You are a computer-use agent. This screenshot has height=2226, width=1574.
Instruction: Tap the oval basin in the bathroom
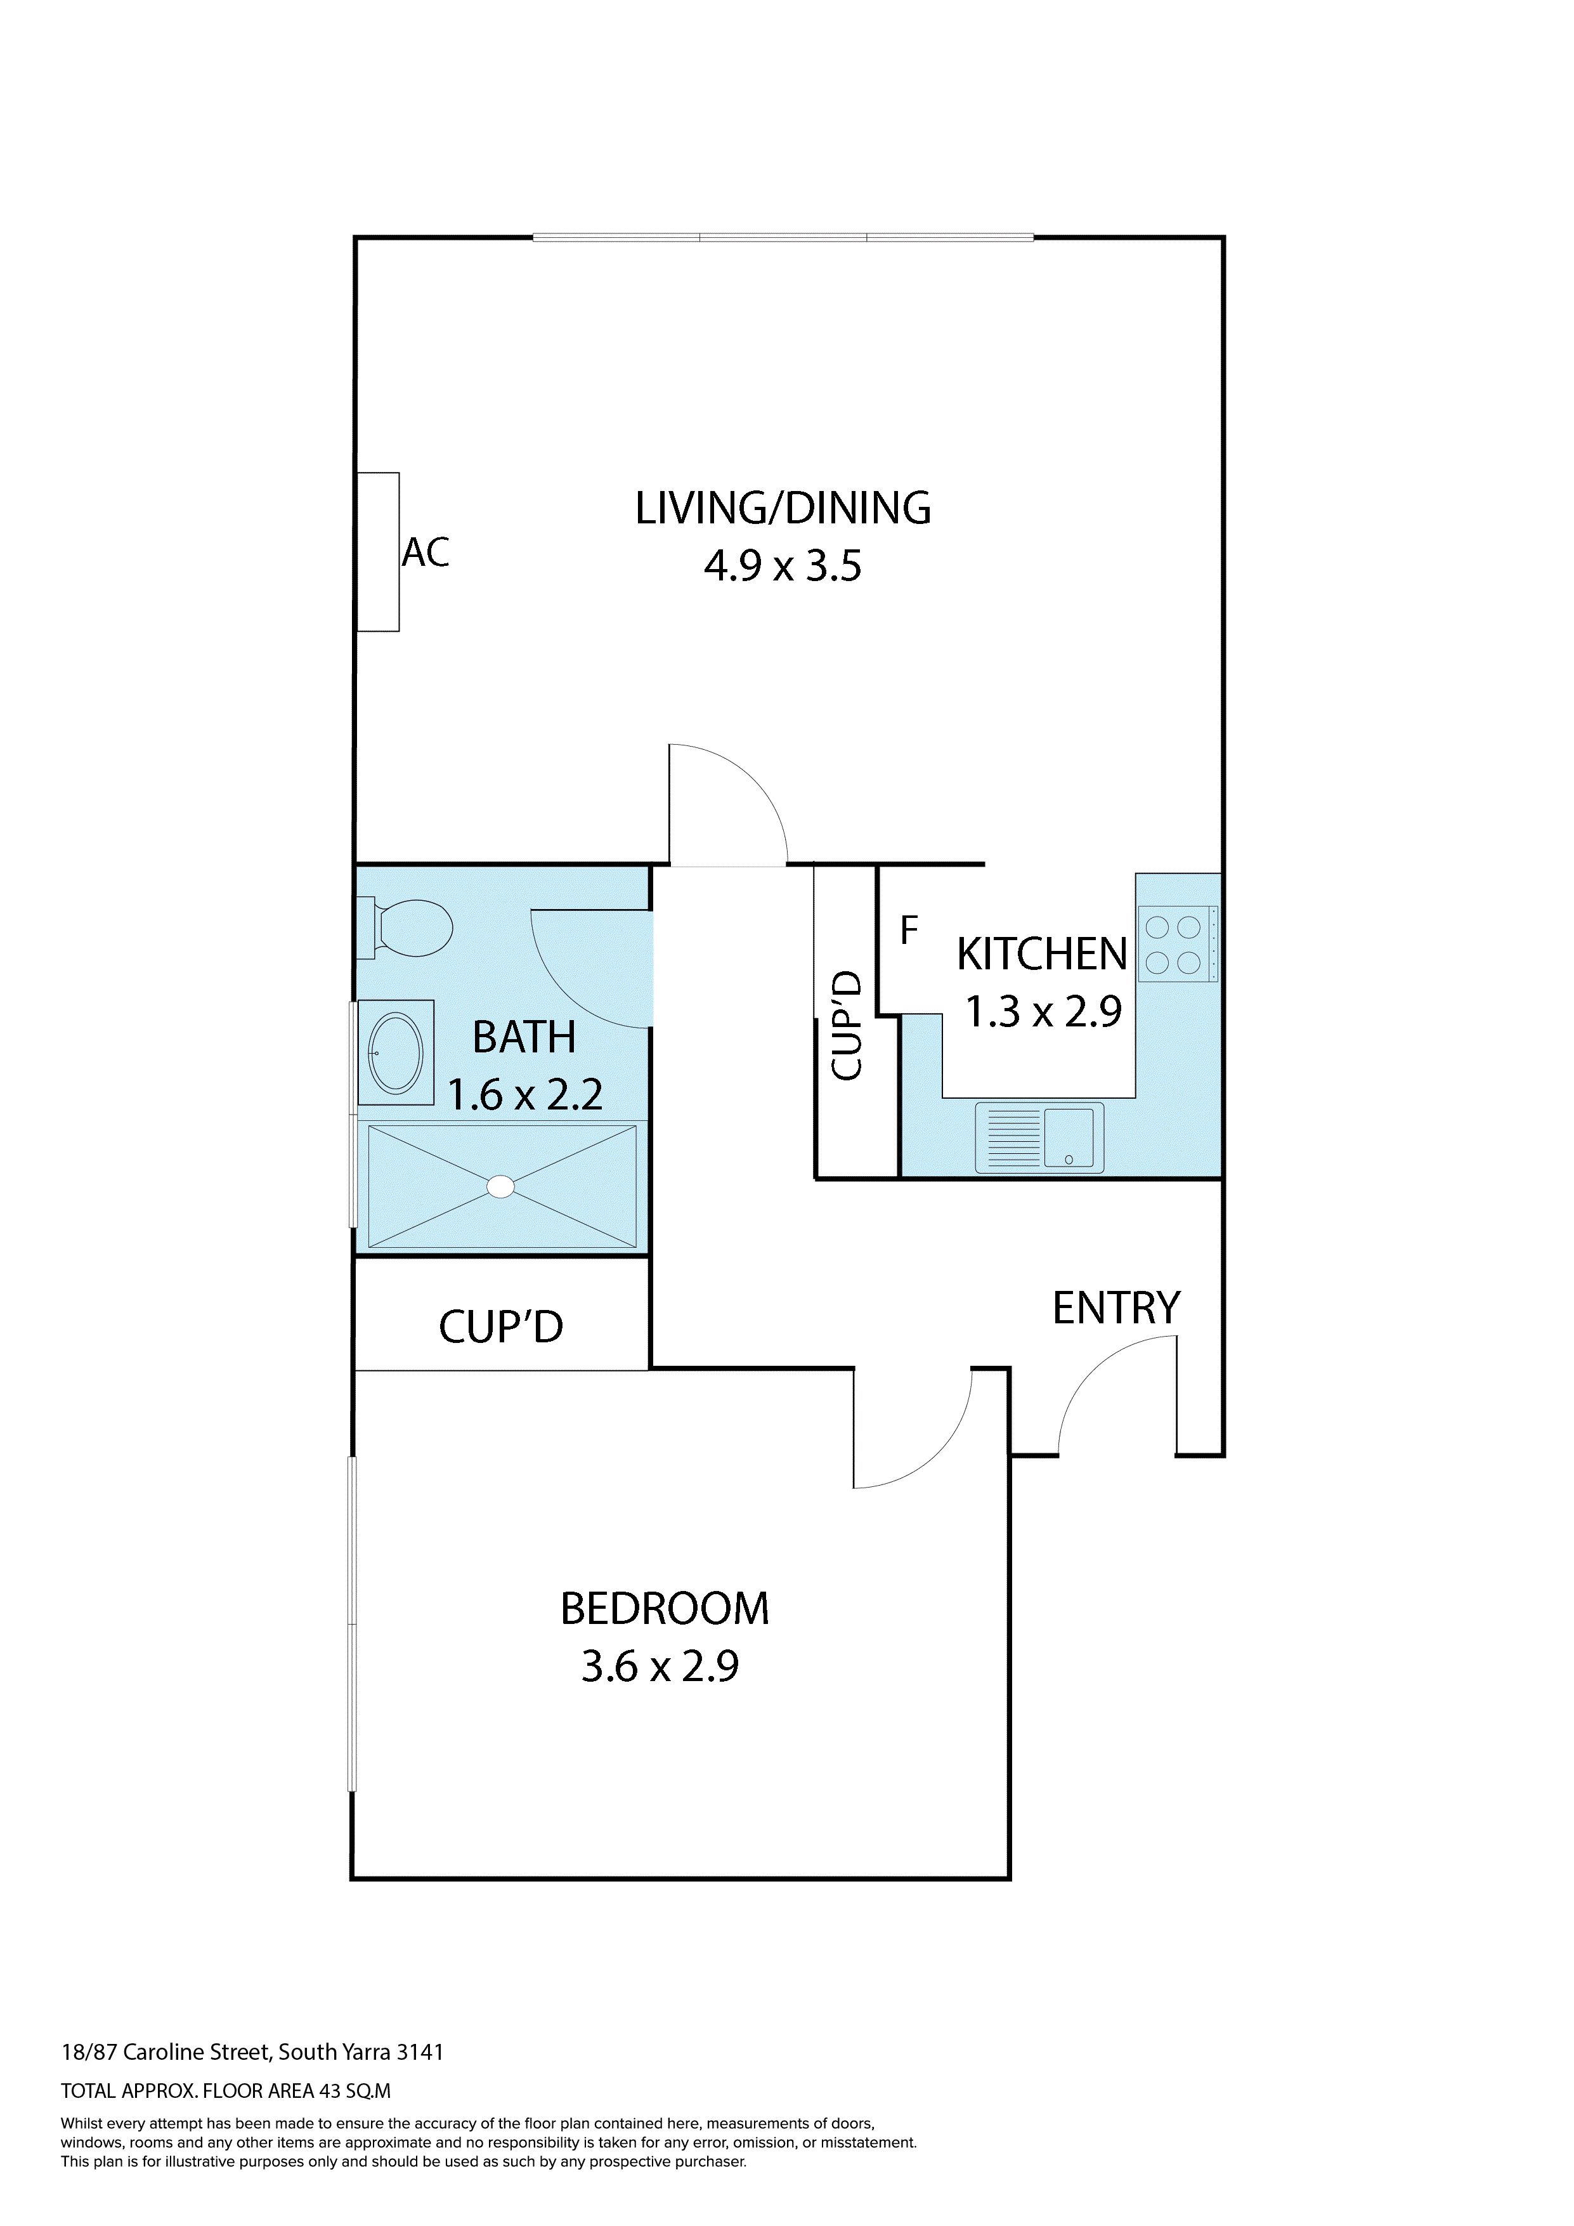pyautogui.click(x=396, y=1054)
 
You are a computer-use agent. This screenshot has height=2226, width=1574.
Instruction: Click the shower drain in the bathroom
pyautogui.click(x=501, y=1187)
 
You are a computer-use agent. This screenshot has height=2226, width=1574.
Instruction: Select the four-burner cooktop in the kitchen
pyautogui.click(x=1176, y=945)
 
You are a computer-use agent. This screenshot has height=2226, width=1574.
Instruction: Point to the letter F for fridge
pyautogui.click(x=908, y=931)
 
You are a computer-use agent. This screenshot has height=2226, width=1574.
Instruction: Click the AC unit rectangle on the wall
pyautogui.click(x=378, y=552)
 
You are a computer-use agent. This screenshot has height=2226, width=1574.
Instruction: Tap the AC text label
pyautogui.click(x=426, y=553)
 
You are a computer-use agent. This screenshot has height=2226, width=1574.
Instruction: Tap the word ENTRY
pyautogui.click(x=1117, y=1309)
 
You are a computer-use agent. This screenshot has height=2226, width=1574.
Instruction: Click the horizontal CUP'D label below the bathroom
pyautogui.click(x=500, y=1327)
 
